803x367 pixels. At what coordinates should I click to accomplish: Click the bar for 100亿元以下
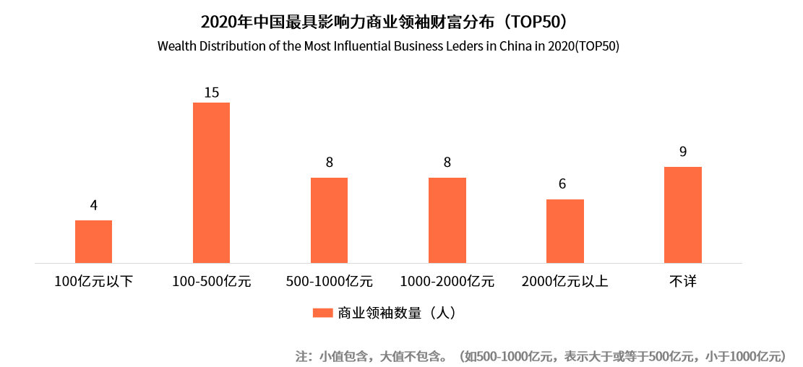[94, 241]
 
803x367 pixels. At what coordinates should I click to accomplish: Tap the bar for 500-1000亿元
[329, 220]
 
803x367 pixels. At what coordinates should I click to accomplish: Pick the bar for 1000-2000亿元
[447, 220]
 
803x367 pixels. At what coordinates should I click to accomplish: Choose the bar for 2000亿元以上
[564, 231]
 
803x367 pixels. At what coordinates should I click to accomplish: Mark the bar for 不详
[682, 215]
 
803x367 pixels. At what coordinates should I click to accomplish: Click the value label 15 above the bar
[211, 92]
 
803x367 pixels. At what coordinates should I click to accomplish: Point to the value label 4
[94, 206]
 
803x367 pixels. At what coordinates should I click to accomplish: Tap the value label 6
[562, 184]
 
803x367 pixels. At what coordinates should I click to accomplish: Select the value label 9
[682, 152]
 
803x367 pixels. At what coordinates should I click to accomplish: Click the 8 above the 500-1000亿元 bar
[329, 163]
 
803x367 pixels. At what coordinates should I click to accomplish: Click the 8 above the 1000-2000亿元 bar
[447, 163]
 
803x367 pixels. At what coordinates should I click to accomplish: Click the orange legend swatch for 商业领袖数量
[322, 313]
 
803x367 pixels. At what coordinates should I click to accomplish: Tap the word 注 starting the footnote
[301, 356]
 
